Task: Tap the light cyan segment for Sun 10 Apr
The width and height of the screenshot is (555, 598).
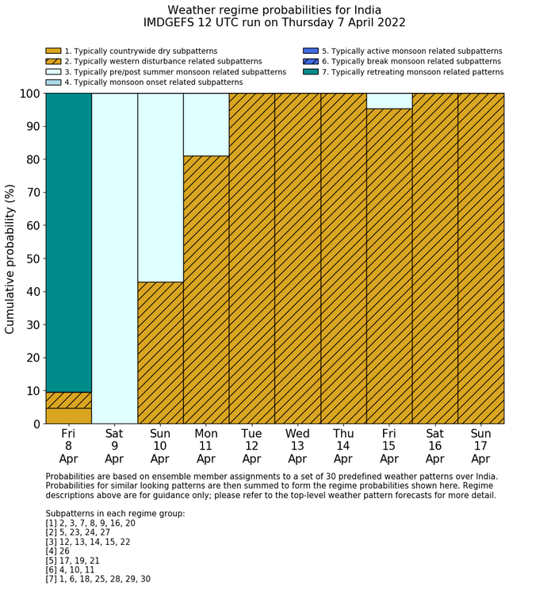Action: coord(160,187)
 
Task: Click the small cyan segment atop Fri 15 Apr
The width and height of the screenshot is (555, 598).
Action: coord(389,101)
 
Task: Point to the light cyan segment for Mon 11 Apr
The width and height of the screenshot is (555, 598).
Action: coord(206,125)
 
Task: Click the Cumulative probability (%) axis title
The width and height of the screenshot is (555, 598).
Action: coord(10,259)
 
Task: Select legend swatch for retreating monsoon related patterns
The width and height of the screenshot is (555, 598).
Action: coord(311,72)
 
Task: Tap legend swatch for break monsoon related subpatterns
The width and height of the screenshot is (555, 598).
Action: coord(311,62)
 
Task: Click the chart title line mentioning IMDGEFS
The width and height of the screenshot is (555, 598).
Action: coord(274,23)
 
